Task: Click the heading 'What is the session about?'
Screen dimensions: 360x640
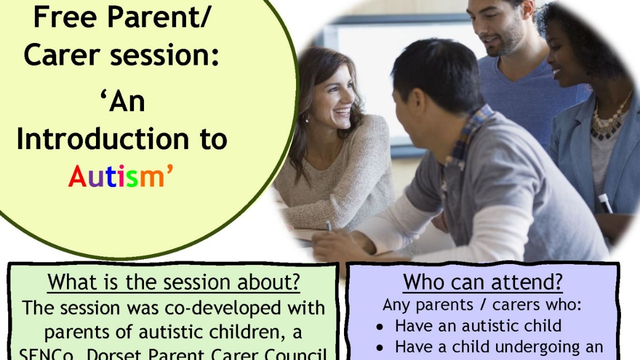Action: click(x=173, y=282)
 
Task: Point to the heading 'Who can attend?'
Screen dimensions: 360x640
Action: click(x=482, y=282)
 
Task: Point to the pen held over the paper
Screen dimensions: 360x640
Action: click(x=328, y=226)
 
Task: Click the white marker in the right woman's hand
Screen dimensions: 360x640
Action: click(x=605, y=203)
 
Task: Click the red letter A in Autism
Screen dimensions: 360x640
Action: click(x=78, y=177)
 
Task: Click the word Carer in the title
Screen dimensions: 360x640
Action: click(x=57, y=55)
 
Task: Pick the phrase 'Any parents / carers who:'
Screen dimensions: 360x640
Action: click(x=482, y=304)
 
